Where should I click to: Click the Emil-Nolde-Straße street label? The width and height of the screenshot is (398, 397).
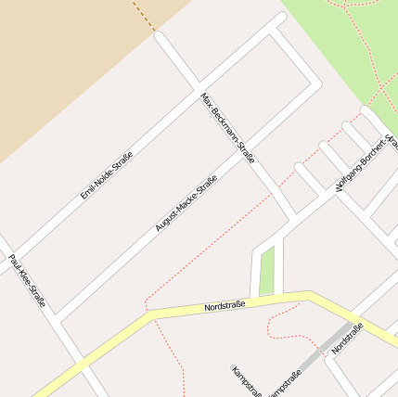(x=106, y=174)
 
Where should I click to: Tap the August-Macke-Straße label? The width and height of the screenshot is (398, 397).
(x=186, y=203)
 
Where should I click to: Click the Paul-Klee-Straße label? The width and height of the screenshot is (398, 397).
(x=27, y=281)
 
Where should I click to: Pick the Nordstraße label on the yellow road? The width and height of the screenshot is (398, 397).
(x=225, y=305)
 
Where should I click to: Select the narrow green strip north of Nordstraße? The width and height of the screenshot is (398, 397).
(x=268, y=271)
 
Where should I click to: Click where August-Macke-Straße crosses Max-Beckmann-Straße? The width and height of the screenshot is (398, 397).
(x=253, y=159)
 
